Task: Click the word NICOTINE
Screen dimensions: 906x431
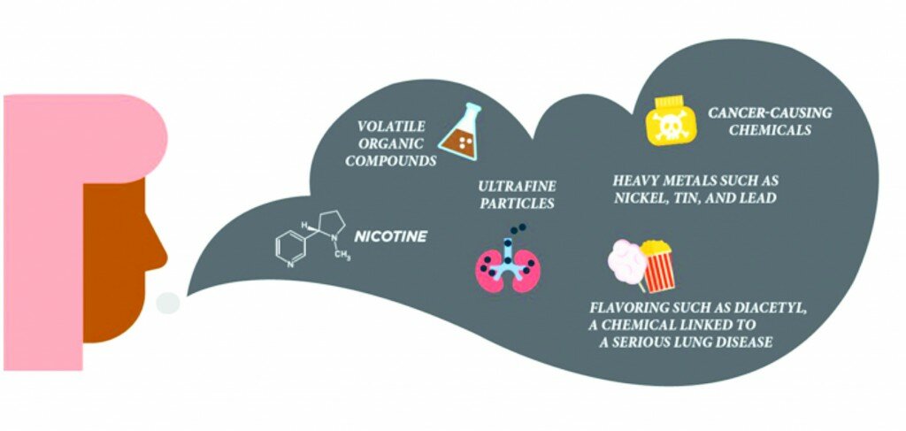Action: (390, 236)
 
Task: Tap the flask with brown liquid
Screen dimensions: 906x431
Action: (460, 132)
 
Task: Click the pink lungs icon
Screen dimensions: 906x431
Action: (508, 263)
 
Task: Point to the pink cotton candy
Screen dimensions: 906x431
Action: (626, 261)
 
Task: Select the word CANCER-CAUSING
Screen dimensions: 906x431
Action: (771, 112)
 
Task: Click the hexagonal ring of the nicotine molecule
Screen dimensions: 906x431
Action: (289, 250)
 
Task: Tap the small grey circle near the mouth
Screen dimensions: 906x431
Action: (168, 303)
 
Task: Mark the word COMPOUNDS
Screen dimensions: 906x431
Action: (391, 160)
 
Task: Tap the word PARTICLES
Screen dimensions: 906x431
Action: (517, 204)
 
